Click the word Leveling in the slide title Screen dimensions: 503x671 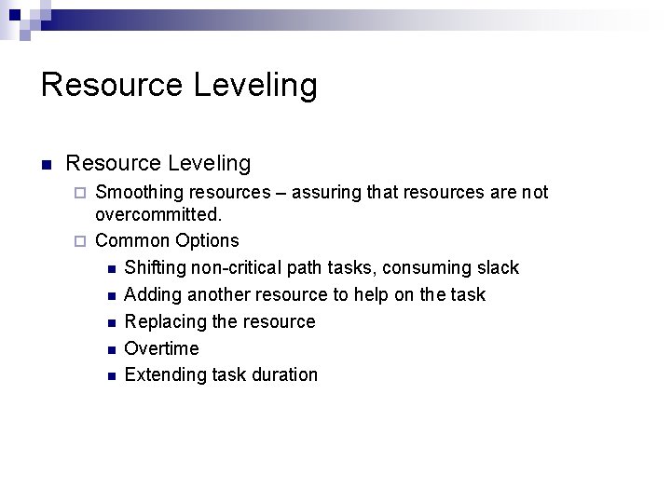point(255,86)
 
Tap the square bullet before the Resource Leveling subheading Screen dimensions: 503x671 point(46,165)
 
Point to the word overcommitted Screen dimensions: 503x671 point(158,214)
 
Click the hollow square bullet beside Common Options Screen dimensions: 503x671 point(80,241)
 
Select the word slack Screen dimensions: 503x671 point(497,267)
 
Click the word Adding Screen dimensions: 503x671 point(152,294)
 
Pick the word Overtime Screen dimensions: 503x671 point(161,348)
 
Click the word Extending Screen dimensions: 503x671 point(163,375)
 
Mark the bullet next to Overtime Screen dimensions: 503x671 point(111,349)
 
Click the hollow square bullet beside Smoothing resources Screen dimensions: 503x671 point(80,193)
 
